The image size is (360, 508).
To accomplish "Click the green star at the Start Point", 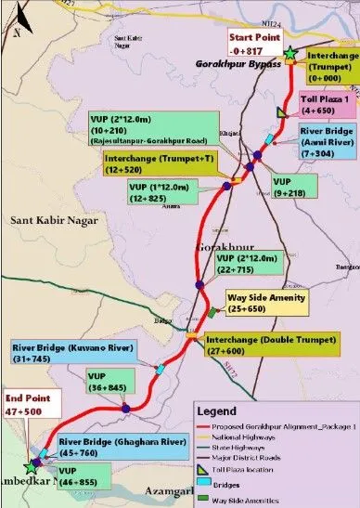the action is tap(290, 55).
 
